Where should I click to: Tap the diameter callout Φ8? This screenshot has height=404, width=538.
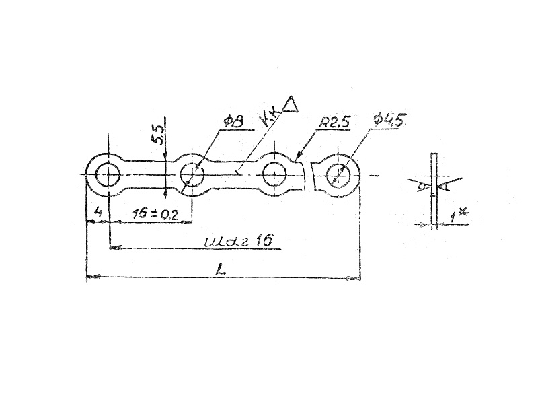tap(234, 121)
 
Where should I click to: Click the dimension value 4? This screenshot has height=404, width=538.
tap(98, 213)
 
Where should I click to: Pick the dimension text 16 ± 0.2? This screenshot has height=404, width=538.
tap(155, 214)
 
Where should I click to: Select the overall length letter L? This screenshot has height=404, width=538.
tap(221, 269)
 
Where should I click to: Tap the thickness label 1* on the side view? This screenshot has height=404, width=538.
tap(459, 215)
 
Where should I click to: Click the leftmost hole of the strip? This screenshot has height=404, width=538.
tap(106, 176)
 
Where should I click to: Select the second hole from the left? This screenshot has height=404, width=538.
tap(192, 176)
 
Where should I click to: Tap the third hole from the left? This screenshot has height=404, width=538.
tap(274, 175)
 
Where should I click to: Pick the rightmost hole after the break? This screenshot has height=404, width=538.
tap(336, 176)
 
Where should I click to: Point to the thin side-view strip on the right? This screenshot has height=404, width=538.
tap(435, 189)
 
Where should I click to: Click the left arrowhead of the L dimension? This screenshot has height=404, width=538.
tap(92, 276)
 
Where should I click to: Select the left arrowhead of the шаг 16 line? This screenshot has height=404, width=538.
tap(115, 248)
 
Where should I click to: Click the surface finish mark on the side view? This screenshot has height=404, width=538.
tap(424, 185)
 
